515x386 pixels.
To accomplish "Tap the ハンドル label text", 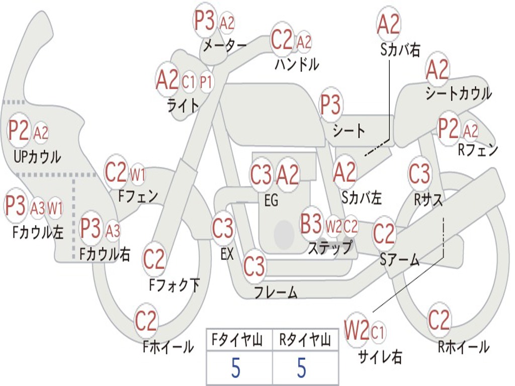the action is (x=297, y=64).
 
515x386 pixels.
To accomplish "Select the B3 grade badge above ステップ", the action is (x=311, y=224).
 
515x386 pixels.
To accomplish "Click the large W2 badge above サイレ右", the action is (x=357, y=331).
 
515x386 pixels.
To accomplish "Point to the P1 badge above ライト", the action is (x=206, y=82).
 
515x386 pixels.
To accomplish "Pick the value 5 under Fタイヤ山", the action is (x=236, y=368).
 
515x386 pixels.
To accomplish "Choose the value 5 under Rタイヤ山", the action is (x=301, y=368).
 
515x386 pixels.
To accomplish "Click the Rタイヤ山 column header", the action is (x=305, y=341).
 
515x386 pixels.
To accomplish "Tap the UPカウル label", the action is (x=37, y=156).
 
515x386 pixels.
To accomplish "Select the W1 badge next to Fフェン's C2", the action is (x=138, y=174).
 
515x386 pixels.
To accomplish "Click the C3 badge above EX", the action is (x=223, y=229).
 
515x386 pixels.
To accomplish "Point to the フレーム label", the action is (x=276, y=292).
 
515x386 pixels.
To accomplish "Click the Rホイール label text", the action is (x=463, y=346).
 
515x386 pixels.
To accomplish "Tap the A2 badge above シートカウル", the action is (x=437, y=70).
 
